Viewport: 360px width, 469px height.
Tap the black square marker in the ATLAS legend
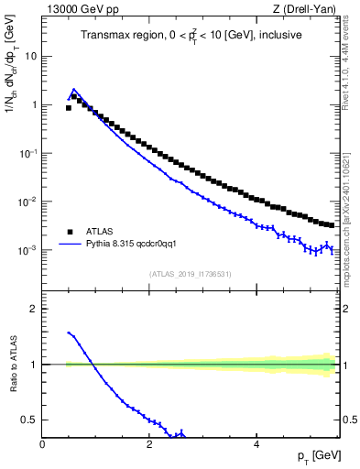pos(70,232)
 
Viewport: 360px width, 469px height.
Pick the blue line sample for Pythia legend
pos(70,245)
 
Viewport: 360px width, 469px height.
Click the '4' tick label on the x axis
pos(256,443)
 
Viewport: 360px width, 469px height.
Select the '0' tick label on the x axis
pos(42,443)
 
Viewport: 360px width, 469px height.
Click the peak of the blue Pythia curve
pos(73,90)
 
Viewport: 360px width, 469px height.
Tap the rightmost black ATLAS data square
pos(331,224)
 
